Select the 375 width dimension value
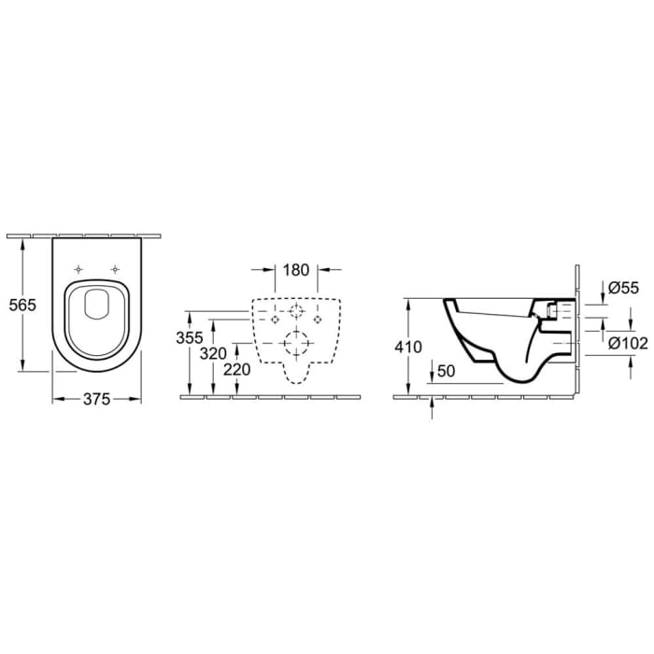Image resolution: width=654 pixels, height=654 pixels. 97,399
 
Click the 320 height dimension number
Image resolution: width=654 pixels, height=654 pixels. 214,353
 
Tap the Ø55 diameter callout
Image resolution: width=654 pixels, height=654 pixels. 622,291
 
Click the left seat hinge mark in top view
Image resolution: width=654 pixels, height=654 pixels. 82,269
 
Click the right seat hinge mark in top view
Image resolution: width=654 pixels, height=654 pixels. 114,269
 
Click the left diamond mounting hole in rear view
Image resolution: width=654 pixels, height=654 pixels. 275,318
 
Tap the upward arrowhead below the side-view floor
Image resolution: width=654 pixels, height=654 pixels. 434,403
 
